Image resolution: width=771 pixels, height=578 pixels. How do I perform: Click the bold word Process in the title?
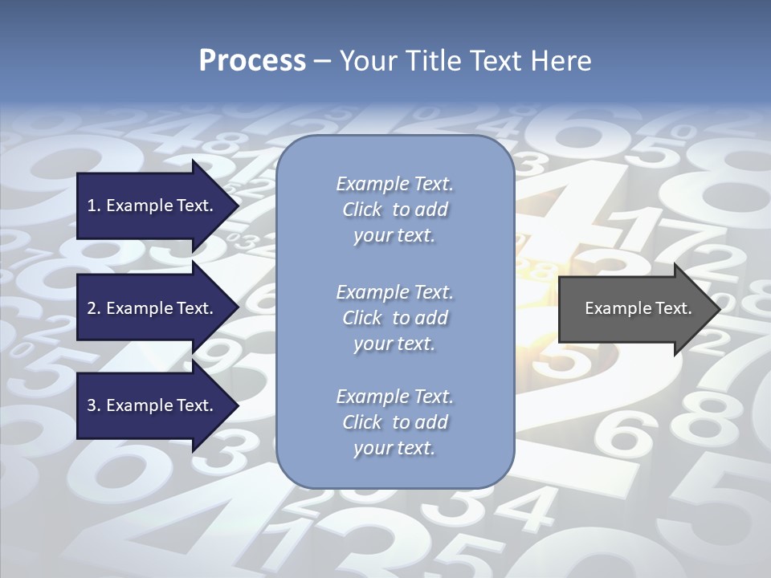coord(252,61)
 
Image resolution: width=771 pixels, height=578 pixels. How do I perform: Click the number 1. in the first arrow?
coord(94,206)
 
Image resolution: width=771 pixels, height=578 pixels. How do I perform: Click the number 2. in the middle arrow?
coord(94,308)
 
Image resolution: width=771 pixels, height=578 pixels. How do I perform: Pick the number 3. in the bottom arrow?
coord(94,405)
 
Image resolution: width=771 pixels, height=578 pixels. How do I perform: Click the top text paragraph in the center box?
coord(394,210)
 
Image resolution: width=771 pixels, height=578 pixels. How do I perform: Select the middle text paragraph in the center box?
coord(394,318)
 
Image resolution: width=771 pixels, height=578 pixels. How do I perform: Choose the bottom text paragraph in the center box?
coord(394,422)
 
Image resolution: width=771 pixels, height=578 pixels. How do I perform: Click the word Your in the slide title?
coord(366,61)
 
